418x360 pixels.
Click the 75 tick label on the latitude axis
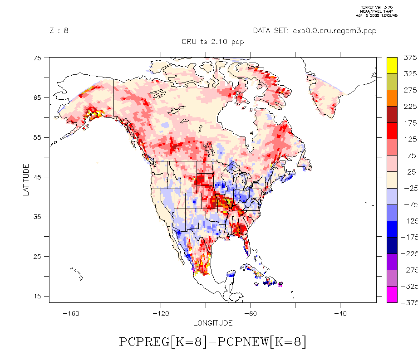coord(38,58)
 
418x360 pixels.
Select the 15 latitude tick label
coord(38,296)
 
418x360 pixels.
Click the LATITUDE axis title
coord(26,180)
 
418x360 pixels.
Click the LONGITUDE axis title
coord(213,323)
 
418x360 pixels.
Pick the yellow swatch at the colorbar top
coord(393,65)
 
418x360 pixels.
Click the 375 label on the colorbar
coord(410,57)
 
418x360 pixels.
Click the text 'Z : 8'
coord(59,31)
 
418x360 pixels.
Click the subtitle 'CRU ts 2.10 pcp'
coord(213,42)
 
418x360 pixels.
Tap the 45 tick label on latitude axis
coord(38,177)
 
